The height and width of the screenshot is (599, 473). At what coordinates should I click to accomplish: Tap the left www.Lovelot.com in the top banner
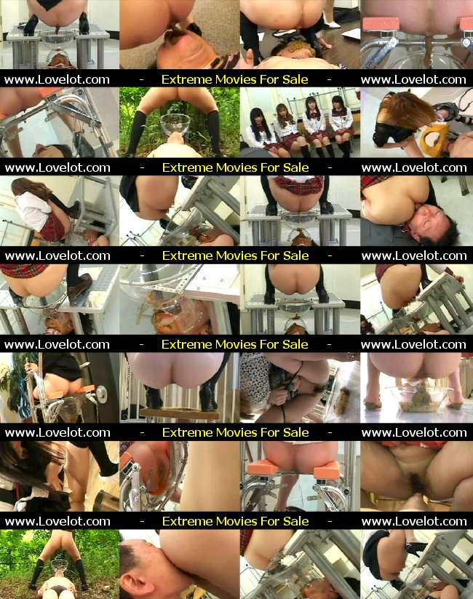coord(57,80)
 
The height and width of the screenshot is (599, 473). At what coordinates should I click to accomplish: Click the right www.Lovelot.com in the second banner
coord(414,167)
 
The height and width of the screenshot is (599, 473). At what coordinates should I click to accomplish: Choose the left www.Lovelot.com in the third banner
coord(57,256)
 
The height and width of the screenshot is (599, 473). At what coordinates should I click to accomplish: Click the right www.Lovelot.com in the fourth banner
coord(413,344)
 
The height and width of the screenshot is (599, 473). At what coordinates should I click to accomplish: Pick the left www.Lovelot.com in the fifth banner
coord(57,433)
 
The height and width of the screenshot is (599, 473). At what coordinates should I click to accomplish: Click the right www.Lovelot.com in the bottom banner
coord(414,521)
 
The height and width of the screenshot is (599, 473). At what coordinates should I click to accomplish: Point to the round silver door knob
coord(102,394)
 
